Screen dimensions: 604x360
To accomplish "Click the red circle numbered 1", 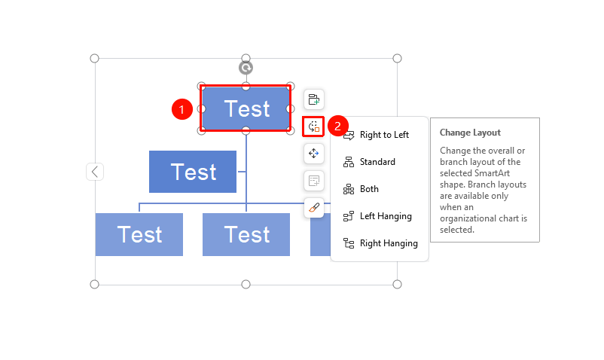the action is point(182,109).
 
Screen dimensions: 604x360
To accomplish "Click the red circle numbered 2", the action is point(338,126).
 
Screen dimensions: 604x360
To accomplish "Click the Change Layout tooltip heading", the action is point(470,133).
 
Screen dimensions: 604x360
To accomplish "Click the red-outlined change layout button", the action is point(313,127).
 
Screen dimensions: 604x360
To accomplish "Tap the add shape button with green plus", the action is point(314,99).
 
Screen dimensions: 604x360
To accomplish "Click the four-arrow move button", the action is point(314,154).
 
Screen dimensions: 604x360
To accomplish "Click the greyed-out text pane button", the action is point(314,181).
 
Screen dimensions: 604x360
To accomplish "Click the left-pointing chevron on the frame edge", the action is point(95,172).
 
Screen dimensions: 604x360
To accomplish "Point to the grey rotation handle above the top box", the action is point(246,68).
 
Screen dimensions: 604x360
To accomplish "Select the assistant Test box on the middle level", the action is point(193,172).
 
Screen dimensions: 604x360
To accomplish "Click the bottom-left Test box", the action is point(139,234).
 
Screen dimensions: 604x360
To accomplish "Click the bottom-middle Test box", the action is point(246,234).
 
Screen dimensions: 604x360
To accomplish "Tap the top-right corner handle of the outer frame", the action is point(397,59).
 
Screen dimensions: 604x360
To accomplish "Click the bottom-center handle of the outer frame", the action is point(246,285).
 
